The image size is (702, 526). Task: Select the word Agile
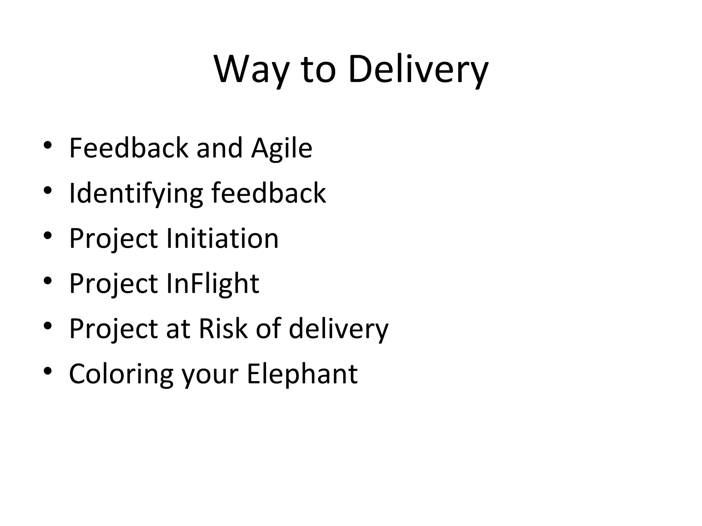tap(281, 148)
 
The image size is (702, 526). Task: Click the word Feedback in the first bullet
tap(129, 148)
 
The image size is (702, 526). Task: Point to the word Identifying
tap(136, 193)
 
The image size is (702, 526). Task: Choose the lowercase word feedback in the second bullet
tap(268, 193)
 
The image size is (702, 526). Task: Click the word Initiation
tap(222, 238)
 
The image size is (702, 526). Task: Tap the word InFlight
tap(213, 284)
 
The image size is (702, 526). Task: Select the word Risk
tap(223, 328)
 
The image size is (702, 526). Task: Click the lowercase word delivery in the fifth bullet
tap(338, 328)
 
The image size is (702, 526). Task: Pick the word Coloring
tap(121, 374)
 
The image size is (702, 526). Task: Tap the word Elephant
tap(302, 374)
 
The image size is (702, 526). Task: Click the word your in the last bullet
tap(210, 374)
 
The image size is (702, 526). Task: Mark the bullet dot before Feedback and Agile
tap(48, 145)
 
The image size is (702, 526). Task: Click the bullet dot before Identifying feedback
tap(48, 190)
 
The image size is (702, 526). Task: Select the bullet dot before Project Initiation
tap(48, 235)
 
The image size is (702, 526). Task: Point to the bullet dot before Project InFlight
tap(48, 280)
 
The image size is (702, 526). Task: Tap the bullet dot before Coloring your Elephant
tap(48, 371)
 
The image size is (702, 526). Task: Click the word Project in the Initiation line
tap(113, 238)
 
